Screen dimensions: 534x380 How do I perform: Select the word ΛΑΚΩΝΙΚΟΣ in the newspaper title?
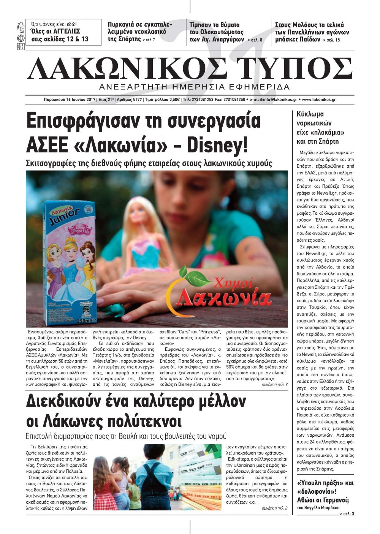pyautogui.click(x=127, y=69)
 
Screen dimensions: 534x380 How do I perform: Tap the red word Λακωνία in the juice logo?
pyautogui.click(x=225, y=298)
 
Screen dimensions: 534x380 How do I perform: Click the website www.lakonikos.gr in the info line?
pyautogui.click(x=319, y=100)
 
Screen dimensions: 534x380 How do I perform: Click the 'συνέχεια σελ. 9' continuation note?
pyautogui.click(x=274, y=385)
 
